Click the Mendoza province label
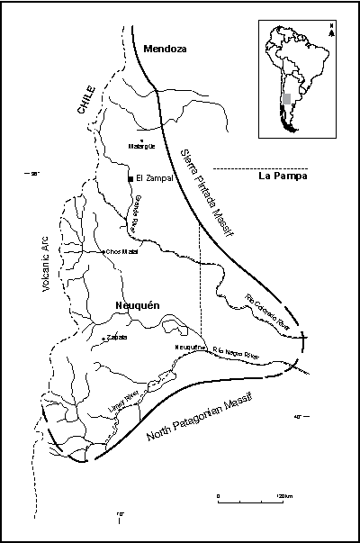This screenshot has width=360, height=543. click(x=164, y=49)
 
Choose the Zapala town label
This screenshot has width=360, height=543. click(x=117, y=338)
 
